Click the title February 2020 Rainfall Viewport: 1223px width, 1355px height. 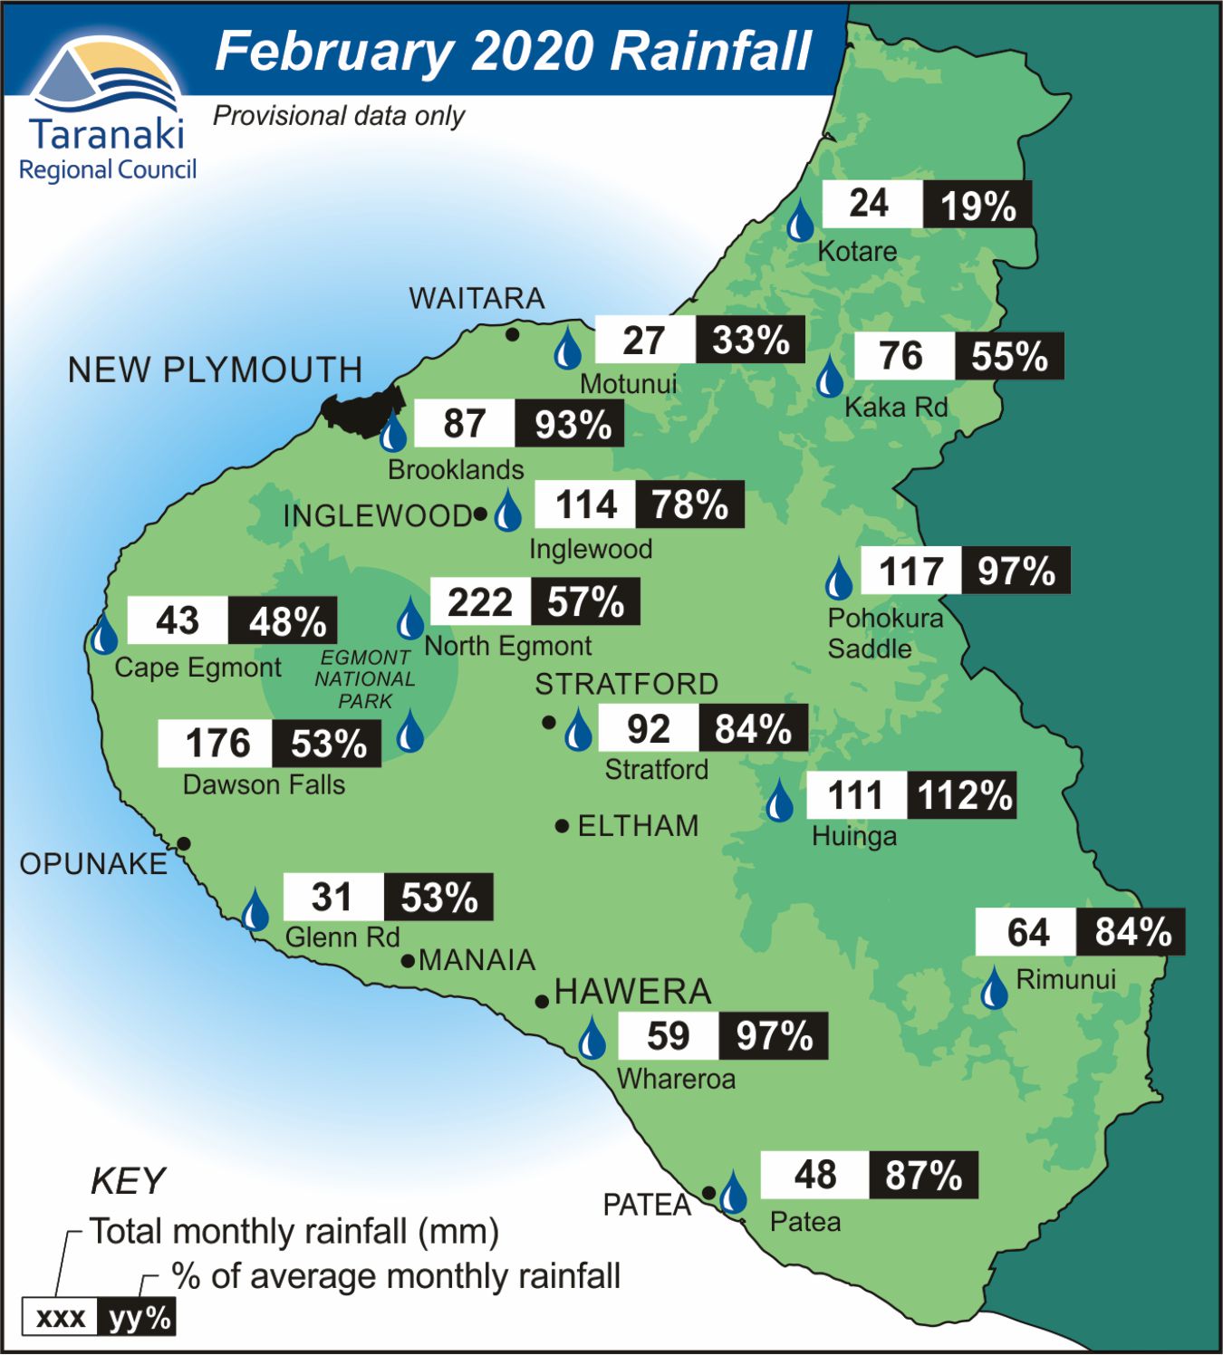coord(513,51)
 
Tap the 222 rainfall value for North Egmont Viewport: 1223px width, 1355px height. coord(480,602)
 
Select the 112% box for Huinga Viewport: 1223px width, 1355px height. coord(963,796)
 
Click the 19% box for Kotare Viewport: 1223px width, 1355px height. coord(977,205)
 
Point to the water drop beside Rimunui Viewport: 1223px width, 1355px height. coord(994,988)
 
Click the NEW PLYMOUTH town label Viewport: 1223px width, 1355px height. coord(215,370)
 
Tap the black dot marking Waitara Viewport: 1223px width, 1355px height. coord(512,334)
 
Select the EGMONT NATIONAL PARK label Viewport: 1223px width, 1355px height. coord(365,679)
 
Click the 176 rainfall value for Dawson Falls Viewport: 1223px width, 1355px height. coord(217,744)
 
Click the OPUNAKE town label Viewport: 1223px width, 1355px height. coord(93,864)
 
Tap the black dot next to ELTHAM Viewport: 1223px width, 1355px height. coord(562,826)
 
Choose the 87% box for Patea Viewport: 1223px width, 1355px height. coord(923,1176)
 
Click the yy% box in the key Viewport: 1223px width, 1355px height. coord(137,1317)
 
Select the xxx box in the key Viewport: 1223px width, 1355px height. coord(60,1317)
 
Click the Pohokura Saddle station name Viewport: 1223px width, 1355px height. coord(883,633)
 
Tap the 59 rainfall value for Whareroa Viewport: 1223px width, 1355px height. coord(669,1036)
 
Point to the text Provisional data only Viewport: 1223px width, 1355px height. coord(338,116)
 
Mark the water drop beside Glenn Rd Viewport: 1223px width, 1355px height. coord(255,910)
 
